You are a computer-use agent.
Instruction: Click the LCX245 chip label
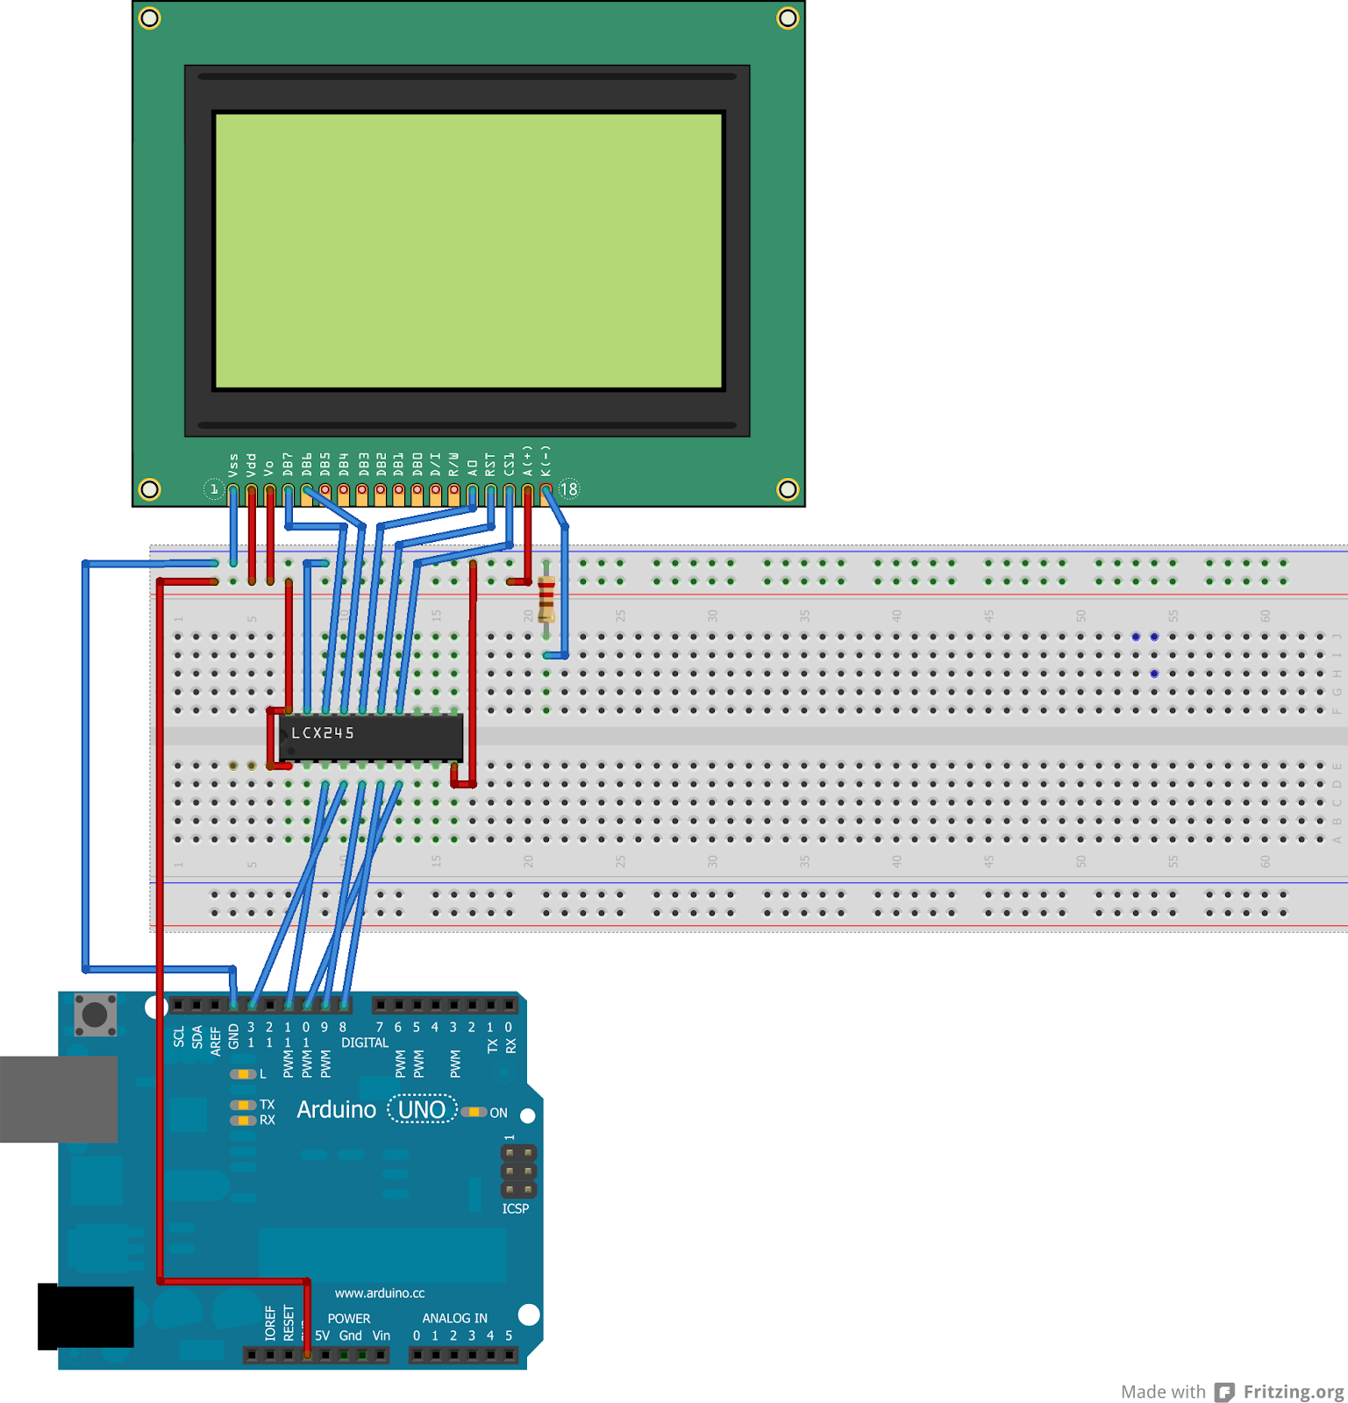[323, 733]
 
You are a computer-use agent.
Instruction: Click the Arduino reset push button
[95, 1015]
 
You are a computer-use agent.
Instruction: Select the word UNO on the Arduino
[422, 1110]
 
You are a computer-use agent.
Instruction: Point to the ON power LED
[474, 1112]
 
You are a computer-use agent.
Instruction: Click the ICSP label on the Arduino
[516, 1208]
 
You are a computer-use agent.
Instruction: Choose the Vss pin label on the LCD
[233, 465]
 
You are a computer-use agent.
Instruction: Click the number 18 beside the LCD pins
[569, 489]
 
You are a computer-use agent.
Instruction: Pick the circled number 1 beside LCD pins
[213, 489]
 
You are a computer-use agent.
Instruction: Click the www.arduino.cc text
[380, 1293]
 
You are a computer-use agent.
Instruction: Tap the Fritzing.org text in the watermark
[1293, 1392]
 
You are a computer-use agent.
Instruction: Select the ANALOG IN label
[454, 1318]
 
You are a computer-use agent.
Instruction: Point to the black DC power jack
[86, 1316]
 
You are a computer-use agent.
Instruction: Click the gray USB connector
[58, 1099]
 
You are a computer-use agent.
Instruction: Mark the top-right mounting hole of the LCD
[788, 18]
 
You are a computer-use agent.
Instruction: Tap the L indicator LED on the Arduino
[243, 1074]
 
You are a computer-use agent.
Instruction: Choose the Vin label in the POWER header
[381, 1335]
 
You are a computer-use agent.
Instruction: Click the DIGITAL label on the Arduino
[365, 1043]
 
